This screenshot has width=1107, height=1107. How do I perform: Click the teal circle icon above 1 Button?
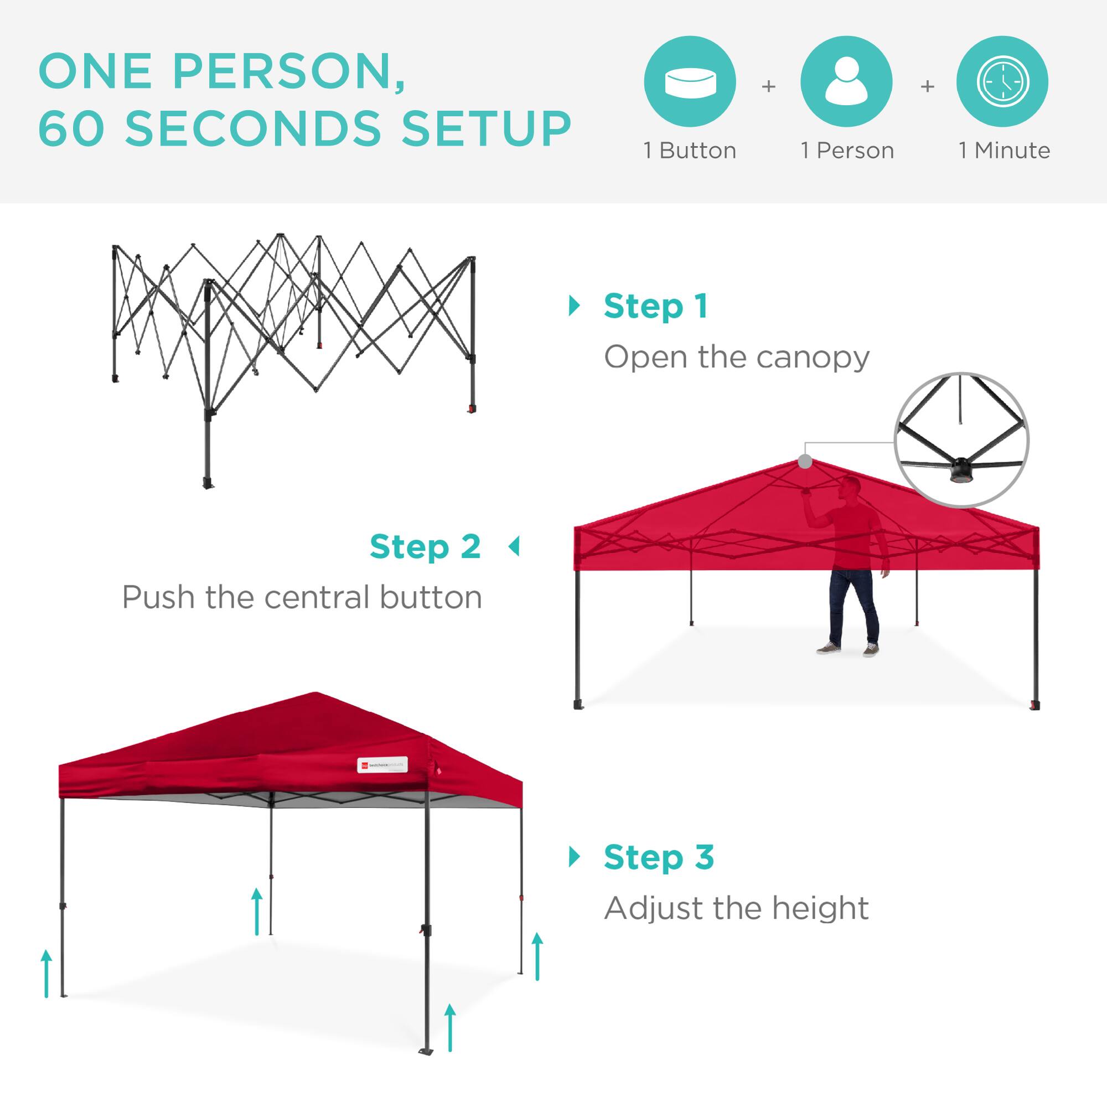point(690,81)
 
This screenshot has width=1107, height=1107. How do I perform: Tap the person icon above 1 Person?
point(846,81)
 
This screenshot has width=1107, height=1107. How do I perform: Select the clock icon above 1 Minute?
point(1003,81)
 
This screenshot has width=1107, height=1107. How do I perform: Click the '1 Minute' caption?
point(1005,151)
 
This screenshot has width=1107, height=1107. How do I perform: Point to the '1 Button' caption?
point(690,151)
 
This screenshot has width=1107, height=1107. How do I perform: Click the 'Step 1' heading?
point(655,307)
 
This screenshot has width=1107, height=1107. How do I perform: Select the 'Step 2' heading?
point(425,547)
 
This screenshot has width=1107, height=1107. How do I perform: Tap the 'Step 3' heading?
point(659,857)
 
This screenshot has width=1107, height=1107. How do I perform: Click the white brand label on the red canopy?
point(382,765)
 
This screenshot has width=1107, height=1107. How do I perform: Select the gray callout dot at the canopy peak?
point(805,461)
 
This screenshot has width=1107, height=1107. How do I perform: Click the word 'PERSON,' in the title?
point(289,71)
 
